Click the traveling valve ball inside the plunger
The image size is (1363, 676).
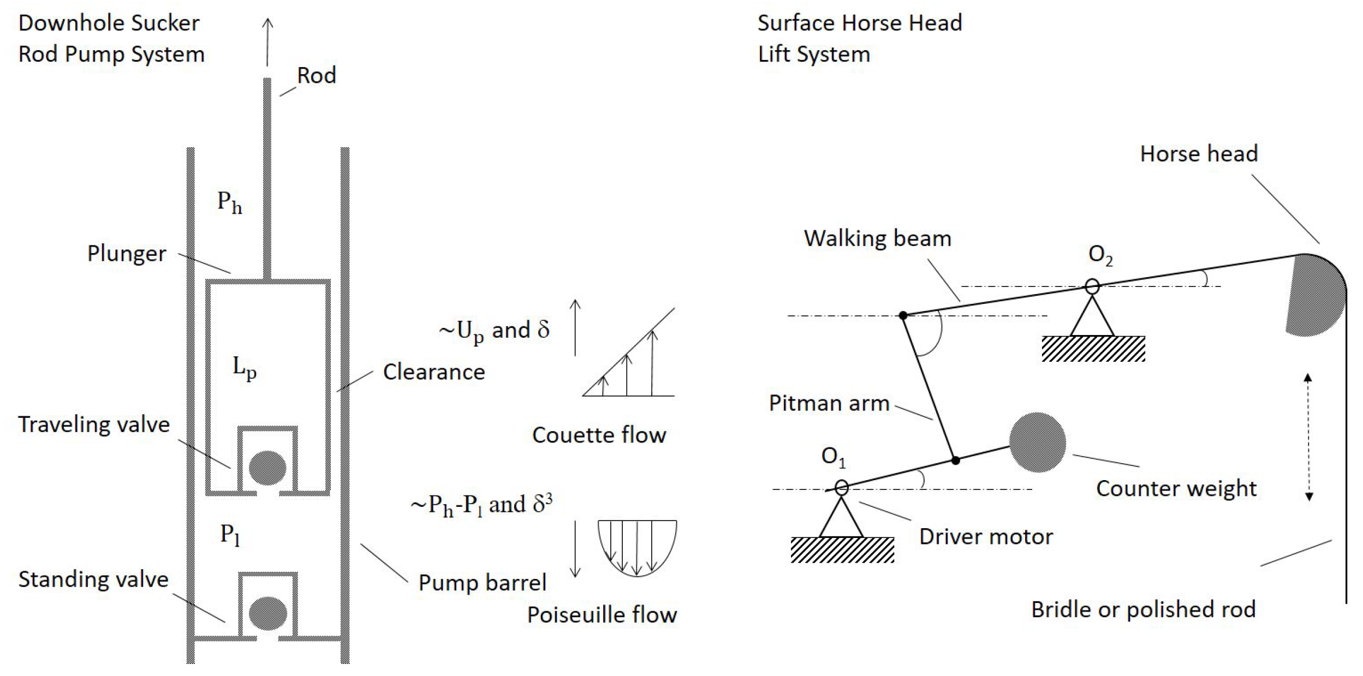(x=267, y=468)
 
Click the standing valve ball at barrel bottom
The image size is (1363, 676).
(x=267, y=613)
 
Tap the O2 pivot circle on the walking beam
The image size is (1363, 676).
(x=1092, y=286)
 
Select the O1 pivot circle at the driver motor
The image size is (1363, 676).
(x=842, y=487)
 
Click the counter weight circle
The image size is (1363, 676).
(x=1037, y=442)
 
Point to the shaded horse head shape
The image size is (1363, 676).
(x=1316, y=297)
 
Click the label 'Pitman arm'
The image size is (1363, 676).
(x=829, y=403)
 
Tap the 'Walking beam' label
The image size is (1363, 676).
(x=877, y=238)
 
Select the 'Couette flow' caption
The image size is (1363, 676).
(x=599, y=435)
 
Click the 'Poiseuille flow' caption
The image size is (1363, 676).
(x=602, y=615)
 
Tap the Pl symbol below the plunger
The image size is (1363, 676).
(x=230, y=535)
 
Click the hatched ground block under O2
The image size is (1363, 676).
(x=1093, y=349)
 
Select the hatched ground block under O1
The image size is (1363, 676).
(x=842, y=549)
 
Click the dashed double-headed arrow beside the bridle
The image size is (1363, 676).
(x=1308, y=436)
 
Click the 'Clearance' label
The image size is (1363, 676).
(x=434, y=372)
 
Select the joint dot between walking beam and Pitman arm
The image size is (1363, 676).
(x=903, y=315)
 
